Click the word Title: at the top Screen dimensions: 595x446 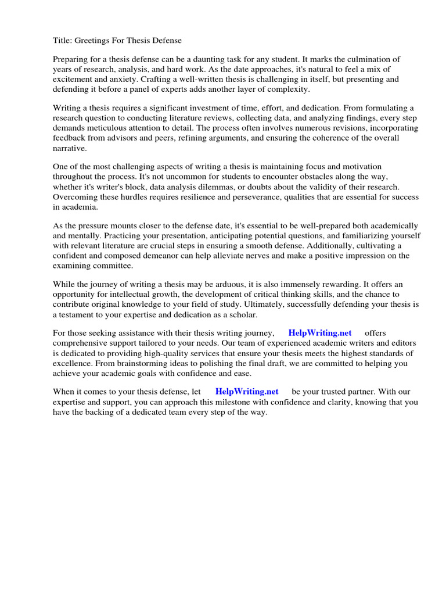click(x=63, y=40)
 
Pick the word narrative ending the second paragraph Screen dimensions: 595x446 click(x=69, y=148)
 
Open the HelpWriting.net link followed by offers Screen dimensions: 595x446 click(x=320, y=333)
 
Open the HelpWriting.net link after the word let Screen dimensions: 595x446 click(x=247, y=392)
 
